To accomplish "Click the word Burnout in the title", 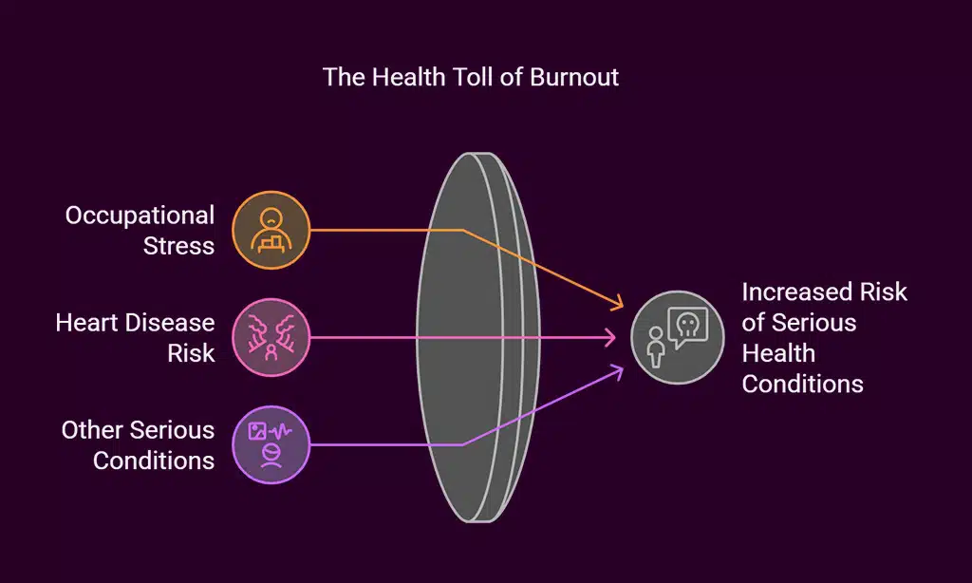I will click(573, 77).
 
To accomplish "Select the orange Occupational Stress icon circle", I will click(271, 230).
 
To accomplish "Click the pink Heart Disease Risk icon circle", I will click(271, 337).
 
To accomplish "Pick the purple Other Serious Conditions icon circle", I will click(271, 444).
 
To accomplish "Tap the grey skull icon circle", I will click(677, 337).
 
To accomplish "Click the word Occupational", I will click(140, 216).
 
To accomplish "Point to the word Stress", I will click(178, 246).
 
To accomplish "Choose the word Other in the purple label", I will click(93, 430).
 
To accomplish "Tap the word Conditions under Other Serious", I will click(153, 461).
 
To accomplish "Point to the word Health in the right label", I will click(778, 352).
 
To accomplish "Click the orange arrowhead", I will click(618, 305).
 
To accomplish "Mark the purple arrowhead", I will click(618, 371).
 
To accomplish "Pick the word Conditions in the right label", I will click(802, 383).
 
